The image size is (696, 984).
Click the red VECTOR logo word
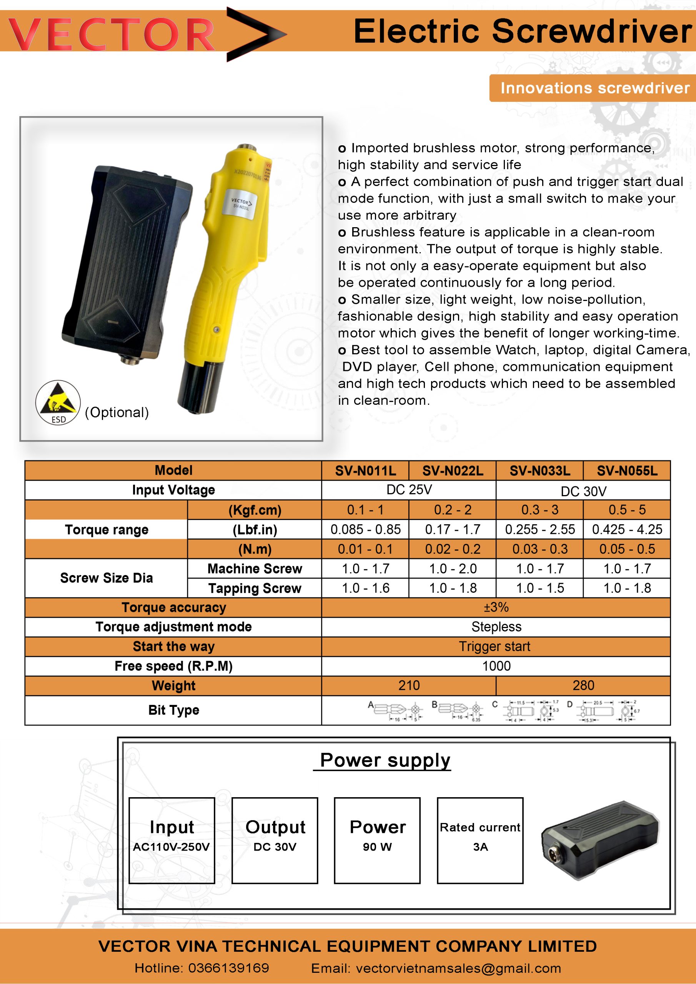pos(112,34)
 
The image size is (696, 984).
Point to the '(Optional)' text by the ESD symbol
pos(117,412)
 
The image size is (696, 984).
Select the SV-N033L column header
pos(539,470)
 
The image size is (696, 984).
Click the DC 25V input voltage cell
pos(409,490)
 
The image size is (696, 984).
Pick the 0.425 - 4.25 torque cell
pos(626,529)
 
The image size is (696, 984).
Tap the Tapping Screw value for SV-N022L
pos(453,588)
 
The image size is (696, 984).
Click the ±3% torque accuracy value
pos(496,607)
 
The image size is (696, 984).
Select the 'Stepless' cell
pos(496,627)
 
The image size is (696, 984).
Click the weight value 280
pos(583,685)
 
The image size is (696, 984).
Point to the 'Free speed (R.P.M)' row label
pos(173,666)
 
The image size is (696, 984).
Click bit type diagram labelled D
pos(604,711)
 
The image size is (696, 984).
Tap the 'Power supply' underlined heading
pos(385,760)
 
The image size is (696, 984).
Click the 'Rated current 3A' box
pos(480,840)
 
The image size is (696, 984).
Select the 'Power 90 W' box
pos(377,840)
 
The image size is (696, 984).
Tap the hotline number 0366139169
pos(228,968)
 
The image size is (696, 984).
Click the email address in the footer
pos(458,968)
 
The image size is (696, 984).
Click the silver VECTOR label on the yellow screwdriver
pos(240,203)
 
